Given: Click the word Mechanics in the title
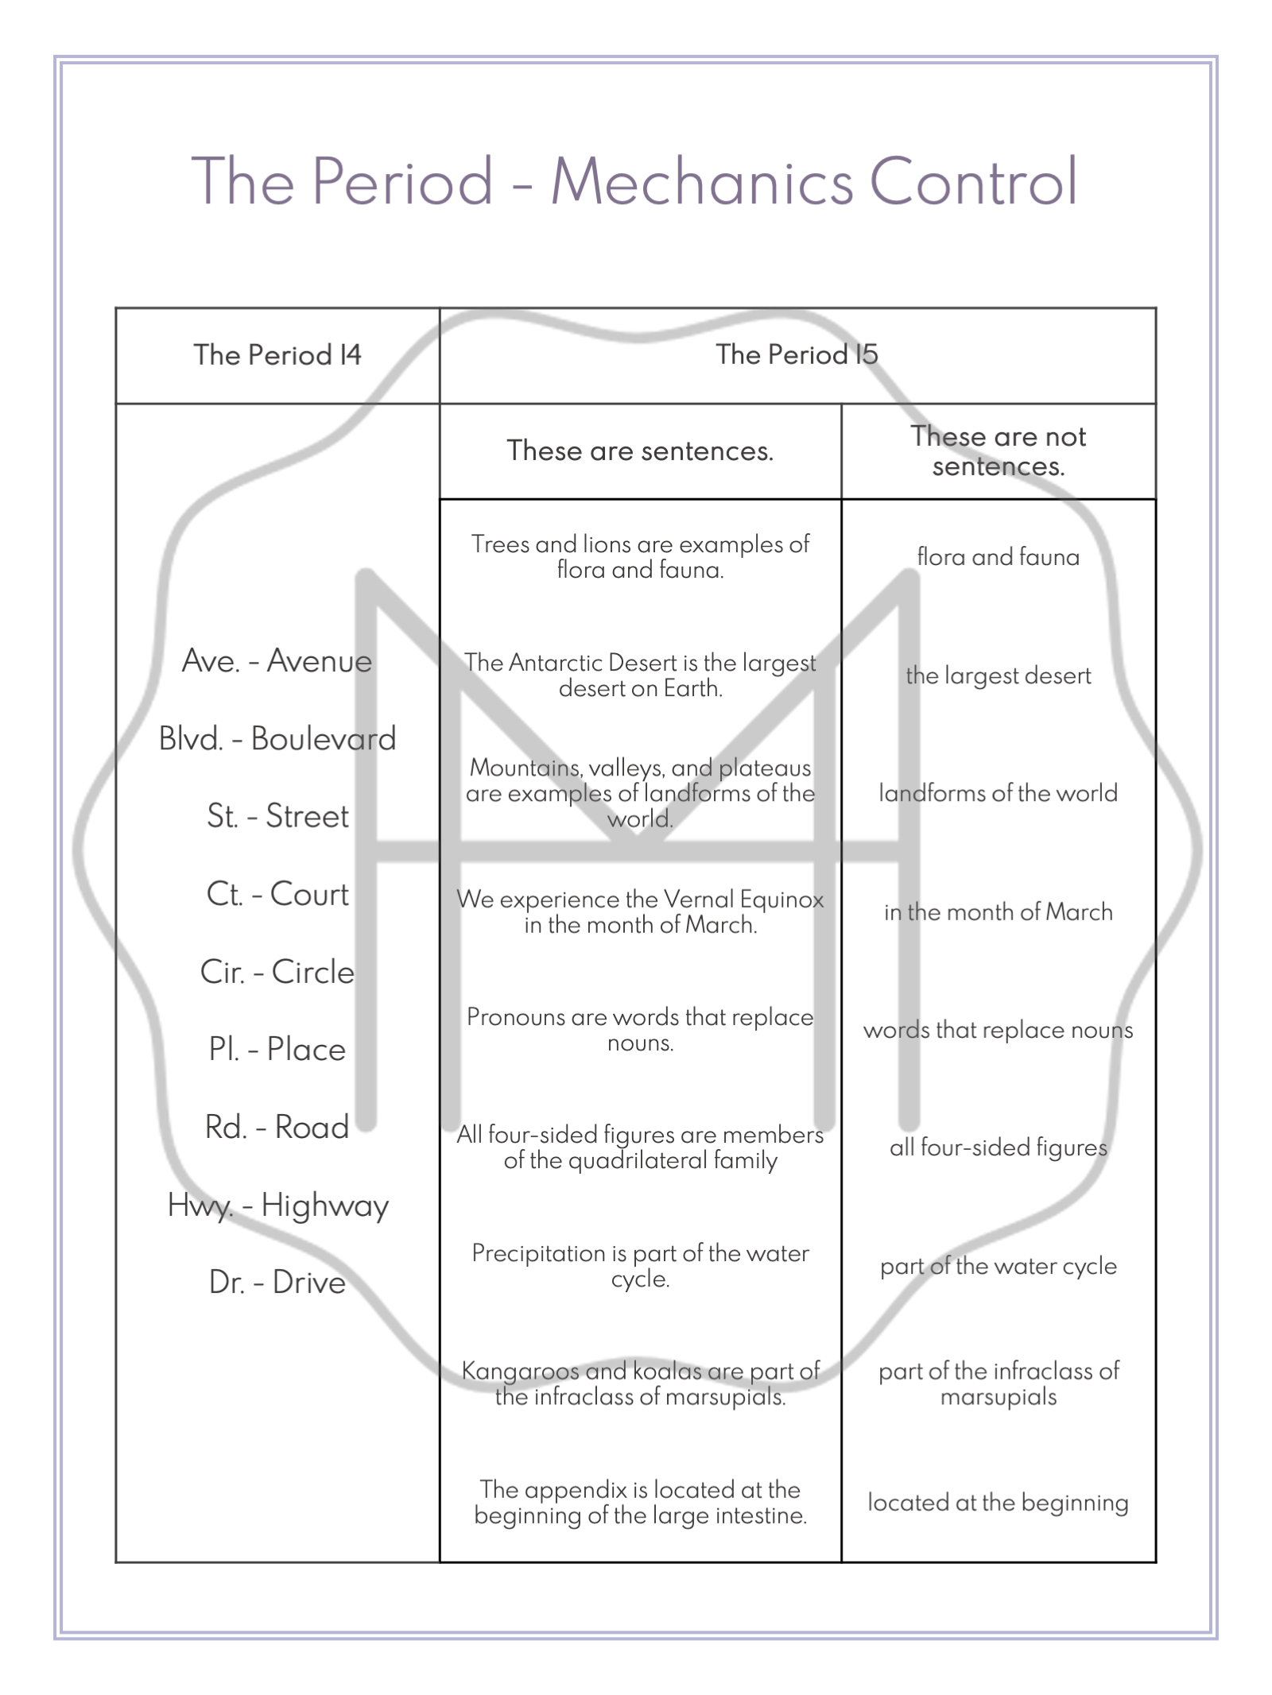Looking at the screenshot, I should [x=702, y=181].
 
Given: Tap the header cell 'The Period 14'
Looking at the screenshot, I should [x=277, y=354].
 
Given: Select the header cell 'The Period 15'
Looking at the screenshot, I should [x=797, y=354].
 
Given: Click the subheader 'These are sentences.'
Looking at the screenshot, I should [x=640, y=451].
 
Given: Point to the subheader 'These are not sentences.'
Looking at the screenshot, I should [x=998, y=451].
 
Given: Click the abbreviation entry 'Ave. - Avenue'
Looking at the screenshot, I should [x=277, y=660].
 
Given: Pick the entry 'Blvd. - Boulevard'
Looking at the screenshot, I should [x=277, y=738].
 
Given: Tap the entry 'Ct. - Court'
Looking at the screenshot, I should [x=277, y=894].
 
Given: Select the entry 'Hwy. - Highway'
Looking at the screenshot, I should [x=277, y=1205].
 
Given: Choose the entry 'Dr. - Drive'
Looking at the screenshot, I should [x=277, y=1283].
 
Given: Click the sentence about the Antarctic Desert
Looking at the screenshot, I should [x=640, y=675].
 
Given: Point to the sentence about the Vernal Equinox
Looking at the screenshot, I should [x=640, y=911].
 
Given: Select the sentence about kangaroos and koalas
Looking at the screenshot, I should [x=640, y=1383].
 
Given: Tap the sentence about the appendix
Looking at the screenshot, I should [x=640, y=1502].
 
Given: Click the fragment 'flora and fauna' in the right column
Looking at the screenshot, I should [x=998, y=556].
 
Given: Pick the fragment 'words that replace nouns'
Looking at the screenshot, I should [x=998, y=1030].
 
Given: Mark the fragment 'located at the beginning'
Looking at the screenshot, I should [x=998, y=1502].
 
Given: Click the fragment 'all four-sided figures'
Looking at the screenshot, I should [x=998, y=1147].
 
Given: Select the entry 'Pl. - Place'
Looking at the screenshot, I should [x=277, y=1049].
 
